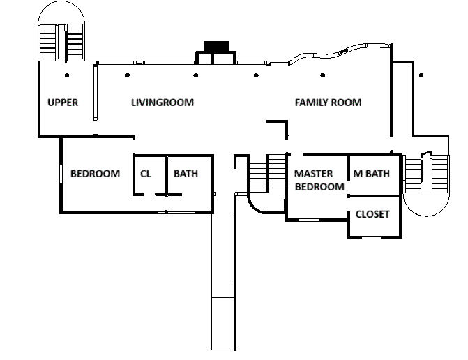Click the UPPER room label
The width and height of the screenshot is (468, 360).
tap(63, 103)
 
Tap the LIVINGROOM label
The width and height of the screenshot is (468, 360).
tap(163, 103)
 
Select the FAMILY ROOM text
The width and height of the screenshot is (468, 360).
tap(328, 103)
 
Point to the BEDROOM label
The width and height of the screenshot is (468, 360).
tap(96, 174)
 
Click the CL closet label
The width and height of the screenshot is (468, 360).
tap(145, 174)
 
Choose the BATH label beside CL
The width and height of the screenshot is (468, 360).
tap(186, 174)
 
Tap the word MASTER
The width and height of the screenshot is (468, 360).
tap(313, 174)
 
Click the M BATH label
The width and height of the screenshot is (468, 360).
tap(371, 174)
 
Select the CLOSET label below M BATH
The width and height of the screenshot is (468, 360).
tap(372, 214)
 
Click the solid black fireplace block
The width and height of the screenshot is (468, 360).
tap(216, 47)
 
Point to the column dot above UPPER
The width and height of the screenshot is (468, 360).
tap(67, 75)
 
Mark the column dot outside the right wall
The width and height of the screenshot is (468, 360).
tap(421, 75)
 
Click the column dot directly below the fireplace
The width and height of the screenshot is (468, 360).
tap(196, 75)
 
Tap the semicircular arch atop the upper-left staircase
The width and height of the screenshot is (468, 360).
tap(61, 2)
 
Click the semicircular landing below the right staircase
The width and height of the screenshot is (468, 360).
tap(426, 215)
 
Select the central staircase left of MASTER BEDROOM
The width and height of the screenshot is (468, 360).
tap(267, 173)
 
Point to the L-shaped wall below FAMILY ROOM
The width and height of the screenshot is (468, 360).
tap(287, 122)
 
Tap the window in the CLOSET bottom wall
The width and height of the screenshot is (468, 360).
tap(371, 238)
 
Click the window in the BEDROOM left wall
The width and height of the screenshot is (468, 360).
tap(61, 174)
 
